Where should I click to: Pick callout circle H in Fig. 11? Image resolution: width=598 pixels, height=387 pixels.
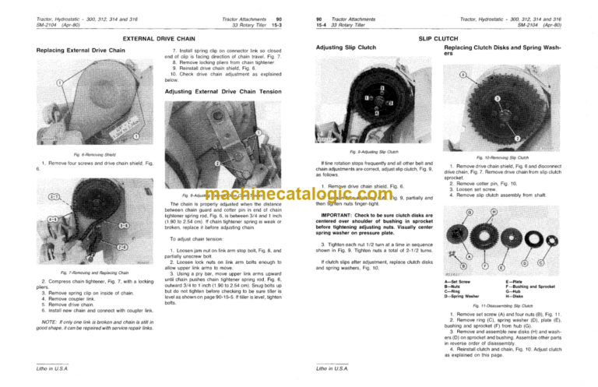tap(494, 212)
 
